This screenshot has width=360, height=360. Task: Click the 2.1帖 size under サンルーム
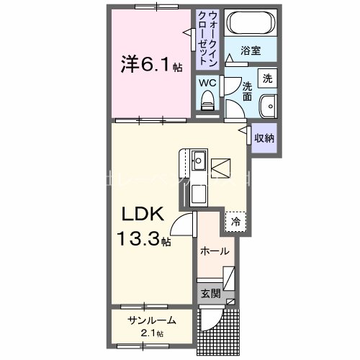[152, 333]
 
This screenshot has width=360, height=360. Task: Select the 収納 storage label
[265, 138]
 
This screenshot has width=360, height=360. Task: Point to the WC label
[207, 83]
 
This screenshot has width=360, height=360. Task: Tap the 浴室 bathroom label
[250, 51]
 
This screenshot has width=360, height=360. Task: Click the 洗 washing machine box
[268, 78]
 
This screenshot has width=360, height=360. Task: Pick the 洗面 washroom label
[246, 90]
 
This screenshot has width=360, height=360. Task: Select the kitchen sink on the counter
[199, 158]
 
